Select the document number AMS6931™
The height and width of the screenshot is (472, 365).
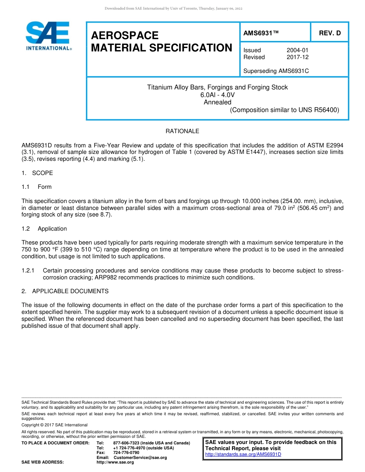tap(261, 33)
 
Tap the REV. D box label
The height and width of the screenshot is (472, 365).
tap(330, 33)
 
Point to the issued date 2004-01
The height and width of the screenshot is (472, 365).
tap(297, 50)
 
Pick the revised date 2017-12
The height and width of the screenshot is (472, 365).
tap(297, 57)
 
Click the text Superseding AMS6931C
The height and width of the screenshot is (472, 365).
tap(276, 71)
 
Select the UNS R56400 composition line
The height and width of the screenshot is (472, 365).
tap(284, 110)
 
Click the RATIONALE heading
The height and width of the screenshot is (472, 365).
tap(182, 131)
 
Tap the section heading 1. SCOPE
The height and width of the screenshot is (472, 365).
tap(37, 173)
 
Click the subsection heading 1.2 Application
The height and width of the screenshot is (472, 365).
tap(44, 229)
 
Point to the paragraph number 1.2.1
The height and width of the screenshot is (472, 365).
tap(28, 271)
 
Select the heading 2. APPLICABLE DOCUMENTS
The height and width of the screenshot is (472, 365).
tap(65, 291)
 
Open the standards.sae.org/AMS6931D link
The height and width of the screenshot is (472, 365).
tap(243, 455)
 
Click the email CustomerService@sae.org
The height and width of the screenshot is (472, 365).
tap(140, 458)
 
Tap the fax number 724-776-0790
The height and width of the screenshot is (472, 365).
tap(126, 453)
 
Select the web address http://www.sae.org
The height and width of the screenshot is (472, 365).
tap(115, 462)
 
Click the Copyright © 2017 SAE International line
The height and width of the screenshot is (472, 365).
tap(55, 425)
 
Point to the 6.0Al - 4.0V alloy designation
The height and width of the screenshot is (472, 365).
tap(217, 95)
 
